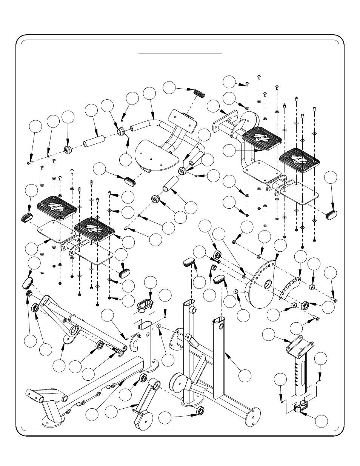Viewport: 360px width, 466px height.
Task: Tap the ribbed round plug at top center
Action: pos(199,93)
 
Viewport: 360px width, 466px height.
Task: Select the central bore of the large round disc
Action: pos(267,283)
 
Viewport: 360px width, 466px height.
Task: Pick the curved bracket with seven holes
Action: pos(291,289)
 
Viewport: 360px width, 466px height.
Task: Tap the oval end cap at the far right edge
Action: pos(332,214)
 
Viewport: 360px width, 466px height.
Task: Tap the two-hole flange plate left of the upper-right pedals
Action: pos(225,121)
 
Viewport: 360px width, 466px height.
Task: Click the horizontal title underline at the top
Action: pos(180,54)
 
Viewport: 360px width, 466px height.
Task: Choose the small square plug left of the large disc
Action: pos(212,268)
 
